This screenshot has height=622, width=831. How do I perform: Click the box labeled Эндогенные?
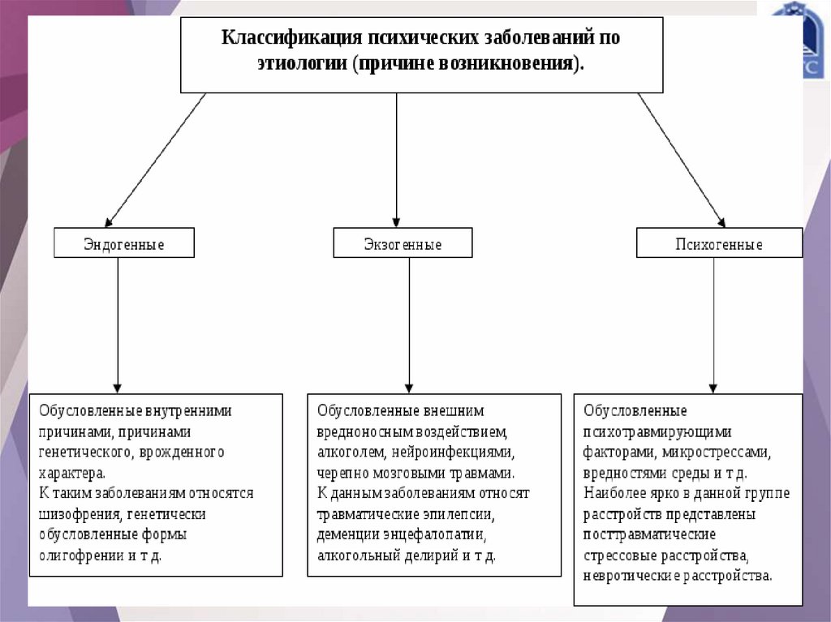(124, 243)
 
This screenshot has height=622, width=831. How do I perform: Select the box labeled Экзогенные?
(403, 243)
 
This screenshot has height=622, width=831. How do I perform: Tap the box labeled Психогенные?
(719, 243)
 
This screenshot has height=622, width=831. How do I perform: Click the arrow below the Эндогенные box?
(118, 324)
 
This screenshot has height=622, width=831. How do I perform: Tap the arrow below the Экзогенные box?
(408, 324)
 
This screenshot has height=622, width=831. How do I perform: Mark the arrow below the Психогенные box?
(713, 324)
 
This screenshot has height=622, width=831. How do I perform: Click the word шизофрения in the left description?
(76, 514)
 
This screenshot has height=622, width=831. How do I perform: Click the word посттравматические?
(648, 535)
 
